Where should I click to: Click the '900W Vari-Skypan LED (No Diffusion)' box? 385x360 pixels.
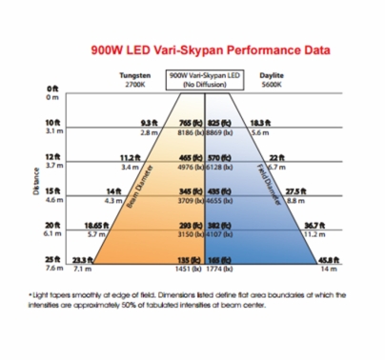coord(203,79)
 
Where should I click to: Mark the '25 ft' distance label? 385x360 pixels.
coord(52,259)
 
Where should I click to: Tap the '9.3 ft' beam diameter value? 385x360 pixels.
coord(148,124)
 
